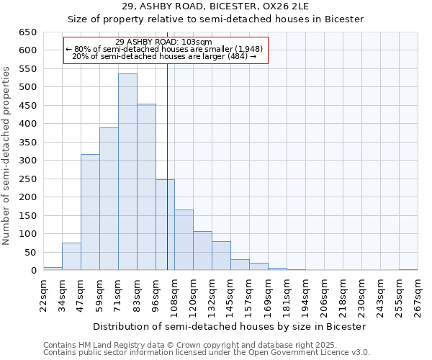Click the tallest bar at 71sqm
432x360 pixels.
pos(127,172)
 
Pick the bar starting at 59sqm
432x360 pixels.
pos(109,199)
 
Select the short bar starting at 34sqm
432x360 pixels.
pos(71,256)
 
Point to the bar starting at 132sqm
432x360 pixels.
pos(221,256)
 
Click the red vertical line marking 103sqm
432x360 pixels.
pos(167,166)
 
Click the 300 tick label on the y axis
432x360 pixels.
pos(27,161)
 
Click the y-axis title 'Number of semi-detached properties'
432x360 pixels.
pos(6,155)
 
